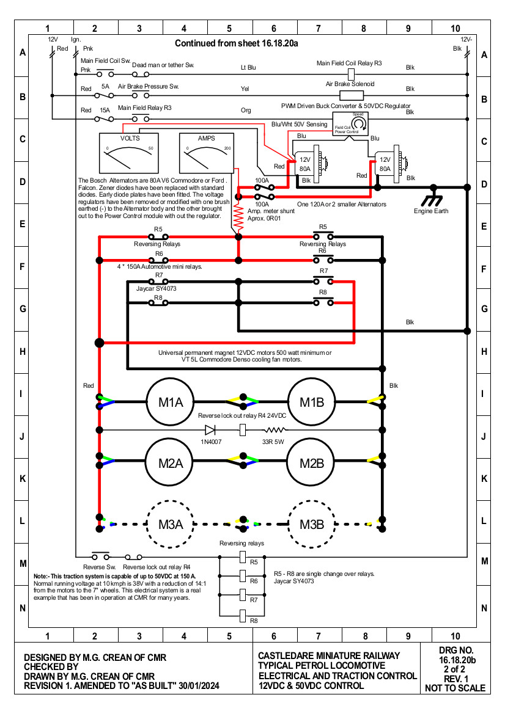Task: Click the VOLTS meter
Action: point(129,153)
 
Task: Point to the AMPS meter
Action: point(207,153)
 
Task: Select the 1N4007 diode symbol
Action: point(210,429)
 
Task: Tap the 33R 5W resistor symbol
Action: point(275,429)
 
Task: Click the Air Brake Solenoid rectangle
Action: point(352,95)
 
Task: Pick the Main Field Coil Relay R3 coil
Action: point(351,74)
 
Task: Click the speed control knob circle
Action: point(359,123)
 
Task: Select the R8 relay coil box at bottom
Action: point(243,616)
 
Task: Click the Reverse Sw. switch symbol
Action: point(100,556)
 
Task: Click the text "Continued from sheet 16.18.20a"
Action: point(237,43)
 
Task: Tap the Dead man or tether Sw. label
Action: point(163,65)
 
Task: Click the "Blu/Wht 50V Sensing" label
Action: point(300,124)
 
